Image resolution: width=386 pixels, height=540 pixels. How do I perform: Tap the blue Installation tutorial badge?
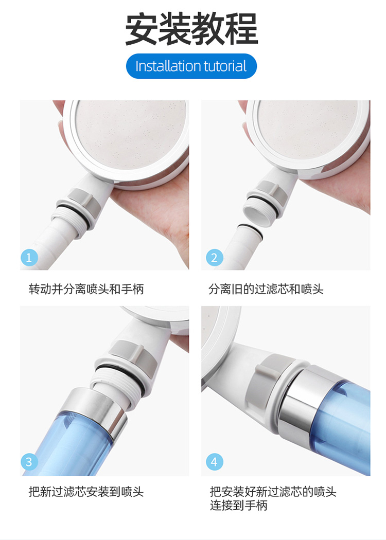[191, 66]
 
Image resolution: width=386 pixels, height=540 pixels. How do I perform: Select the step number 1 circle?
[29, 258]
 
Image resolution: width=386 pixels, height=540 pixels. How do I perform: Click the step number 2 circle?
[215, 258]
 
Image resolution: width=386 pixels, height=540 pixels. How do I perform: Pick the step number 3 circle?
[29, 462]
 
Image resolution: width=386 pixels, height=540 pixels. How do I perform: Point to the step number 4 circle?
[215, 462]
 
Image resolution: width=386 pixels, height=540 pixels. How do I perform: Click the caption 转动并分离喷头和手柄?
[86, 289]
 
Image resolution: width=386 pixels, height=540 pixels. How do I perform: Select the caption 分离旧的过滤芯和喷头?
[266, 289]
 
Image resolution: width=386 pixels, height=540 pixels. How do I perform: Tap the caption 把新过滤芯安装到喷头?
[86, 492]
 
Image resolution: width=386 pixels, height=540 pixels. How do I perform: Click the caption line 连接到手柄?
[239, 506]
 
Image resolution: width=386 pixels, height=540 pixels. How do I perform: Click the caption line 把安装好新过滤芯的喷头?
[273, 492]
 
